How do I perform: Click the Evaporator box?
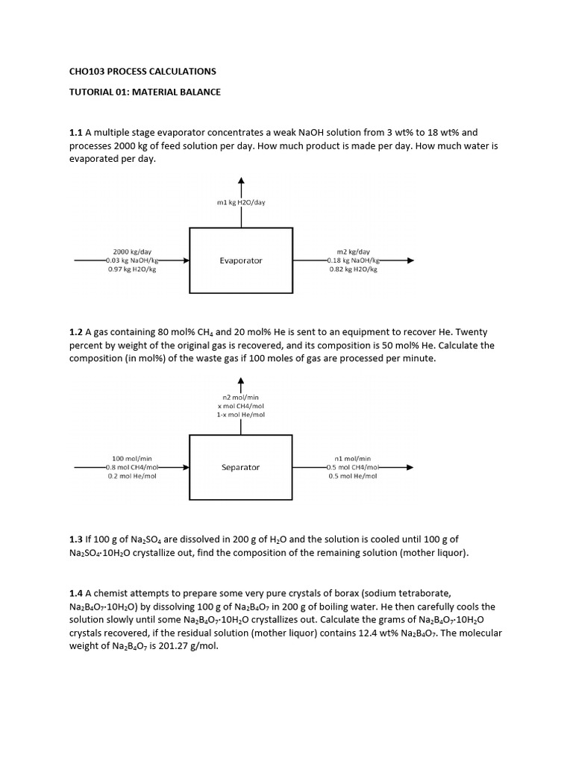(x=240, y=260)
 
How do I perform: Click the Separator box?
(x=240, y=467)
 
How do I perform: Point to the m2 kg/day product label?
(x=353, y=251)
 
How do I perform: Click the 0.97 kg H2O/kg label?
(x=132, y=269)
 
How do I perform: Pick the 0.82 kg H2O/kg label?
(x=353, y=269)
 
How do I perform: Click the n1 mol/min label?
(x=353, y=458)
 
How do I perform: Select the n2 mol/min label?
(x=240, y=397)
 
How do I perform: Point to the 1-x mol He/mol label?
(x=240, y=414)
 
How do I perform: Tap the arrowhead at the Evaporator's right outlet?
(x=410, y=260)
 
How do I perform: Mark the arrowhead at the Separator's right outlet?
(x=410, y=467)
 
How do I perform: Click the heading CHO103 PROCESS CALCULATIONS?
(x=142, y=72)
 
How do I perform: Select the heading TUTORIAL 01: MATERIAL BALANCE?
(x=145, y=92)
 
